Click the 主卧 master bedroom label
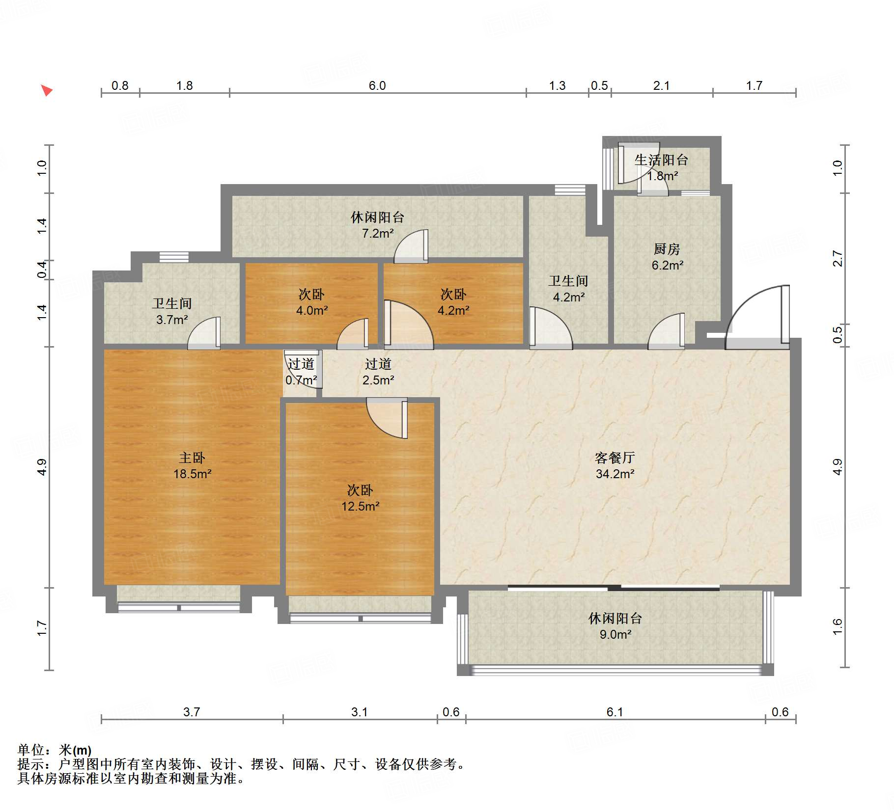(192, 458)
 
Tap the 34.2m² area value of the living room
(615, 474)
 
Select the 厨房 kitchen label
(667, 249)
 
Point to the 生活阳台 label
(661, 160)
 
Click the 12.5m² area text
(361, 506)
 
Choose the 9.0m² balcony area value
(615, 634)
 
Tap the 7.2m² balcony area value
(378, 233)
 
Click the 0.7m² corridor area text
(301, 380)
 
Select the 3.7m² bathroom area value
(172, 320)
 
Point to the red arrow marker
(47, 90)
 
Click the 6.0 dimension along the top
(377, 85)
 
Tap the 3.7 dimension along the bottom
(192, 712)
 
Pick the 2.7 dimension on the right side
(838, 259)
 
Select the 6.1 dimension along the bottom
(615, 712)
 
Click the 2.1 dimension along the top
(661, 85)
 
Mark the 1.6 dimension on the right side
(838, 627)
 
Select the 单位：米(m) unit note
(55, 750)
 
